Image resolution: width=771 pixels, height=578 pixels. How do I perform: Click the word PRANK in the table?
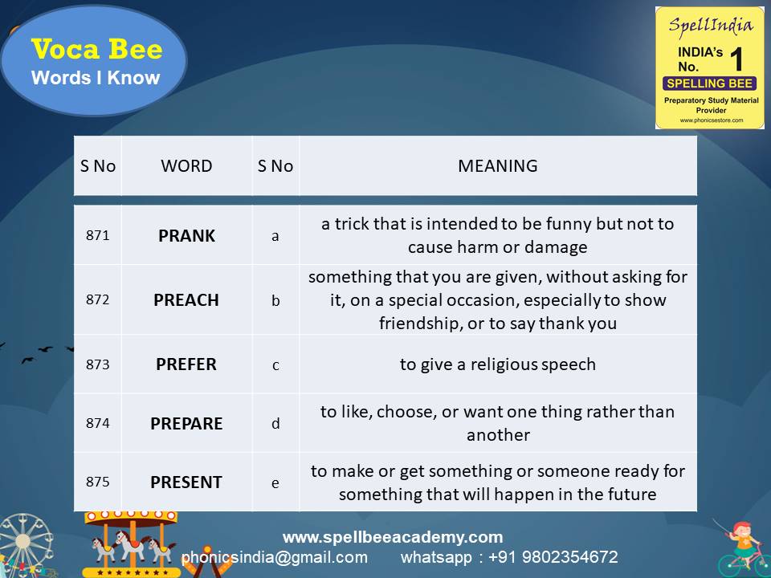pos(186,236)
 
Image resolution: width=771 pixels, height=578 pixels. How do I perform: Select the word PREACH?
pos(186,300)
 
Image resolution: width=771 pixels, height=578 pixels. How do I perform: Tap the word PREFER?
pos(186,364)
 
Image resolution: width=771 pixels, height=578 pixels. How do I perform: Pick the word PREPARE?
pos(186,423)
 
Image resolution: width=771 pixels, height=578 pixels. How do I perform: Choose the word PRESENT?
pos(186,482)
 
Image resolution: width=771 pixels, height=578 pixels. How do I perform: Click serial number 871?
pos(97,236)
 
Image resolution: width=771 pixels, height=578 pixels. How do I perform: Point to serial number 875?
pos(97,482)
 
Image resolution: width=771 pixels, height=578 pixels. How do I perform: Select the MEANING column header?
pos(497,166)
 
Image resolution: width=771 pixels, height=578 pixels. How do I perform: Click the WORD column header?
pos(186,166)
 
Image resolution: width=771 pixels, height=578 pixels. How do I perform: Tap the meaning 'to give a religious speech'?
pos(497,364)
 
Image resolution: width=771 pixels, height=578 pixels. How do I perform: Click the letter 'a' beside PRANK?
pos(275,236)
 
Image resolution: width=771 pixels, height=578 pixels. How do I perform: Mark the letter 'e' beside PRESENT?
pos(275,482)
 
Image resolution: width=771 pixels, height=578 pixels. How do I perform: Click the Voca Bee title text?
pos(96,50)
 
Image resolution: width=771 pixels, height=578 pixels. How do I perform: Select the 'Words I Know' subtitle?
pos(96,78)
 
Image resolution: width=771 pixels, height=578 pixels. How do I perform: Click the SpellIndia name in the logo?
pos(710,25)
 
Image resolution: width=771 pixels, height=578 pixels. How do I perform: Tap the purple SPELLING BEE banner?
pos(710,83)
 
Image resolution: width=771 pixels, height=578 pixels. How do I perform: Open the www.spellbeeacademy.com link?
pos(392,537)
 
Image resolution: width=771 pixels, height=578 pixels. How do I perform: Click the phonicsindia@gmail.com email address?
pos(275,557)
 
